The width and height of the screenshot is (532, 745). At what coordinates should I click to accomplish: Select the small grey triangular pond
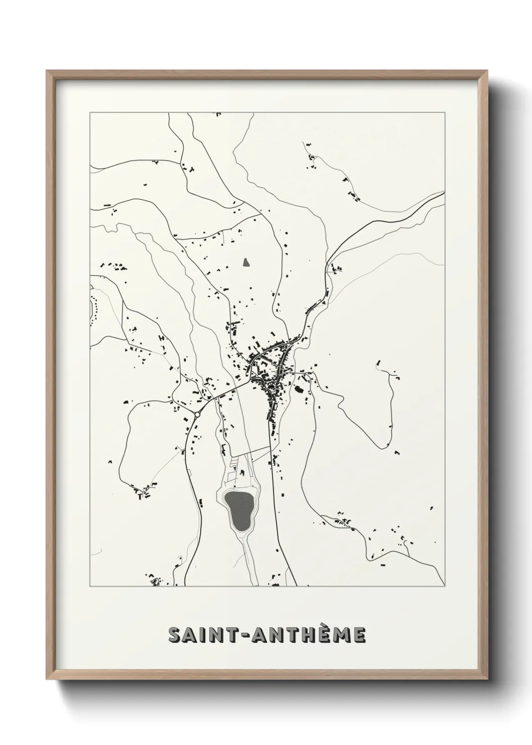(x=246, y=262)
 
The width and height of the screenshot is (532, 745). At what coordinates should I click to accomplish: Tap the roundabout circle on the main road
(x=197, y=414)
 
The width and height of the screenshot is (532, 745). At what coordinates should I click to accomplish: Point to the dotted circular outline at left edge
(x=93, y=306)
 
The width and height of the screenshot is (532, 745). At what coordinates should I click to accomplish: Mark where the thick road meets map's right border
(x=445, y=192)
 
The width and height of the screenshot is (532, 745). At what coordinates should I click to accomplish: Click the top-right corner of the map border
(x=445, y=113)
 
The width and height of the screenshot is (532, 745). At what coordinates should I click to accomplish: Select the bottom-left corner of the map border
(x=90, y=586)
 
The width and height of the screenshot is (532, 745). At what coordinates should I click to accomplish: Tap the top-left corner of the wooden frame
(x=47, y=70)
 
